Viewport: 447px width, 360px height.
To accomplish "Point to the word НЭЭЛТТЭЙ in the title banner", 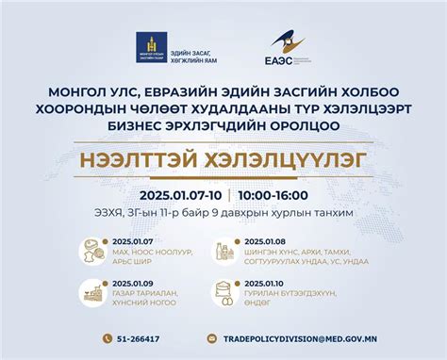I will [x=162, y=160].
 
